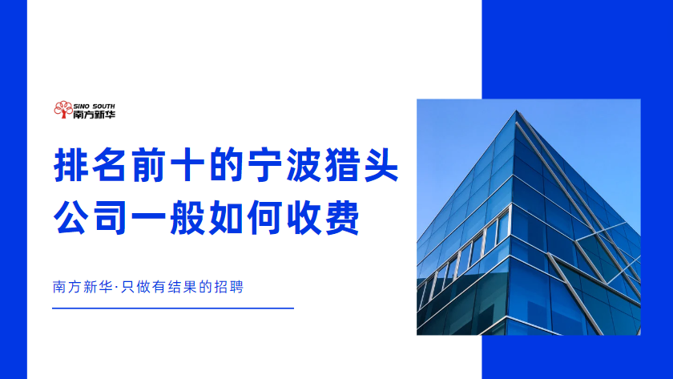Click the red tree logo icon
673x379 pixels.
pyautogui.click(x=63, y=110)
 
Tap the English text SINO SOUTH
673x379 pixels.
pyautogui.click(x=95, y=106)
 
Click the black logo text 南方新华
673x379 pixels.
pyautogui.click(x=95, y=114)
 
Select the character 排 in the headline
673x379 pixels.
pyautogui.click(x=70, y=165)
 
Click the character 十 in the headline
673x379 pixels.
pyautogui.click(x=187, y=165)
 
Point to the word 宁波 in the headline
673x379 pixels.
pyautogui.click(x=284, y=165)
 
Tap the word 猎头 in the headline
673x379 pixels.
pyautogui.click(x=362, y=165)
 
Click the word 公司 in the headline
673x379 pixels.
pyautogui.click(x=90, y=217)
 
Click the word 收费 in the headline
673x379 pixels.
pyautogui.click(x=323, y=217)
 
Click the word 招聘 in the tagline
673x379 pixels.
pyautogui.click(x=228, y=287)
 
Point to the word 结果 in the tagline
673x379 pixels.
pyautogui.click(x=183, y=287)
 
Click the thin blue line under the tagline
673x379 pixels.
pyautogui.click(x=173, y=308)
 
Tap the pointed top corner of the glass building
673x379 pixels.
pyautogui.click(x=516, y=111)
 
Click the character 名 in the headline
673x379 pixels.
pyautogui.click(x=109, y=165)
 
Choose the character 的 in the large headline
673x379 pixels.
pyautogui.click(x=226, y=165)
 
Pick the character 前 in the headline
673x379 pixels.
pyautogui.click(x=148, y=165)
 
